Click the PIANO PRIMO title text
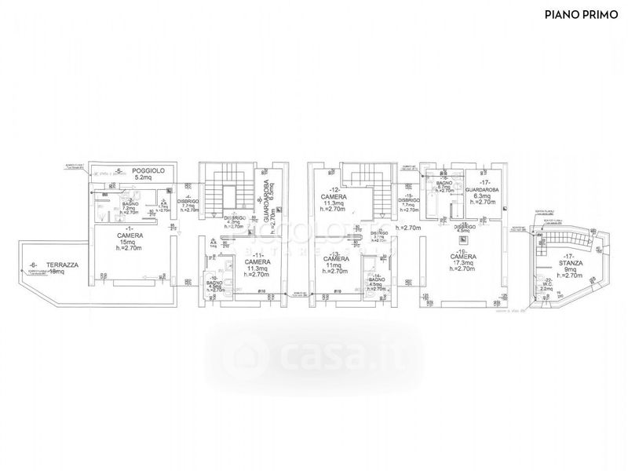[582, 14]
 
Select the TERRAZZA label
[62, 265]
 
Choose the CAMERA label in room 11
[257, 261]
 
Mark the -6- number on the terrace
[33, 265]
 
